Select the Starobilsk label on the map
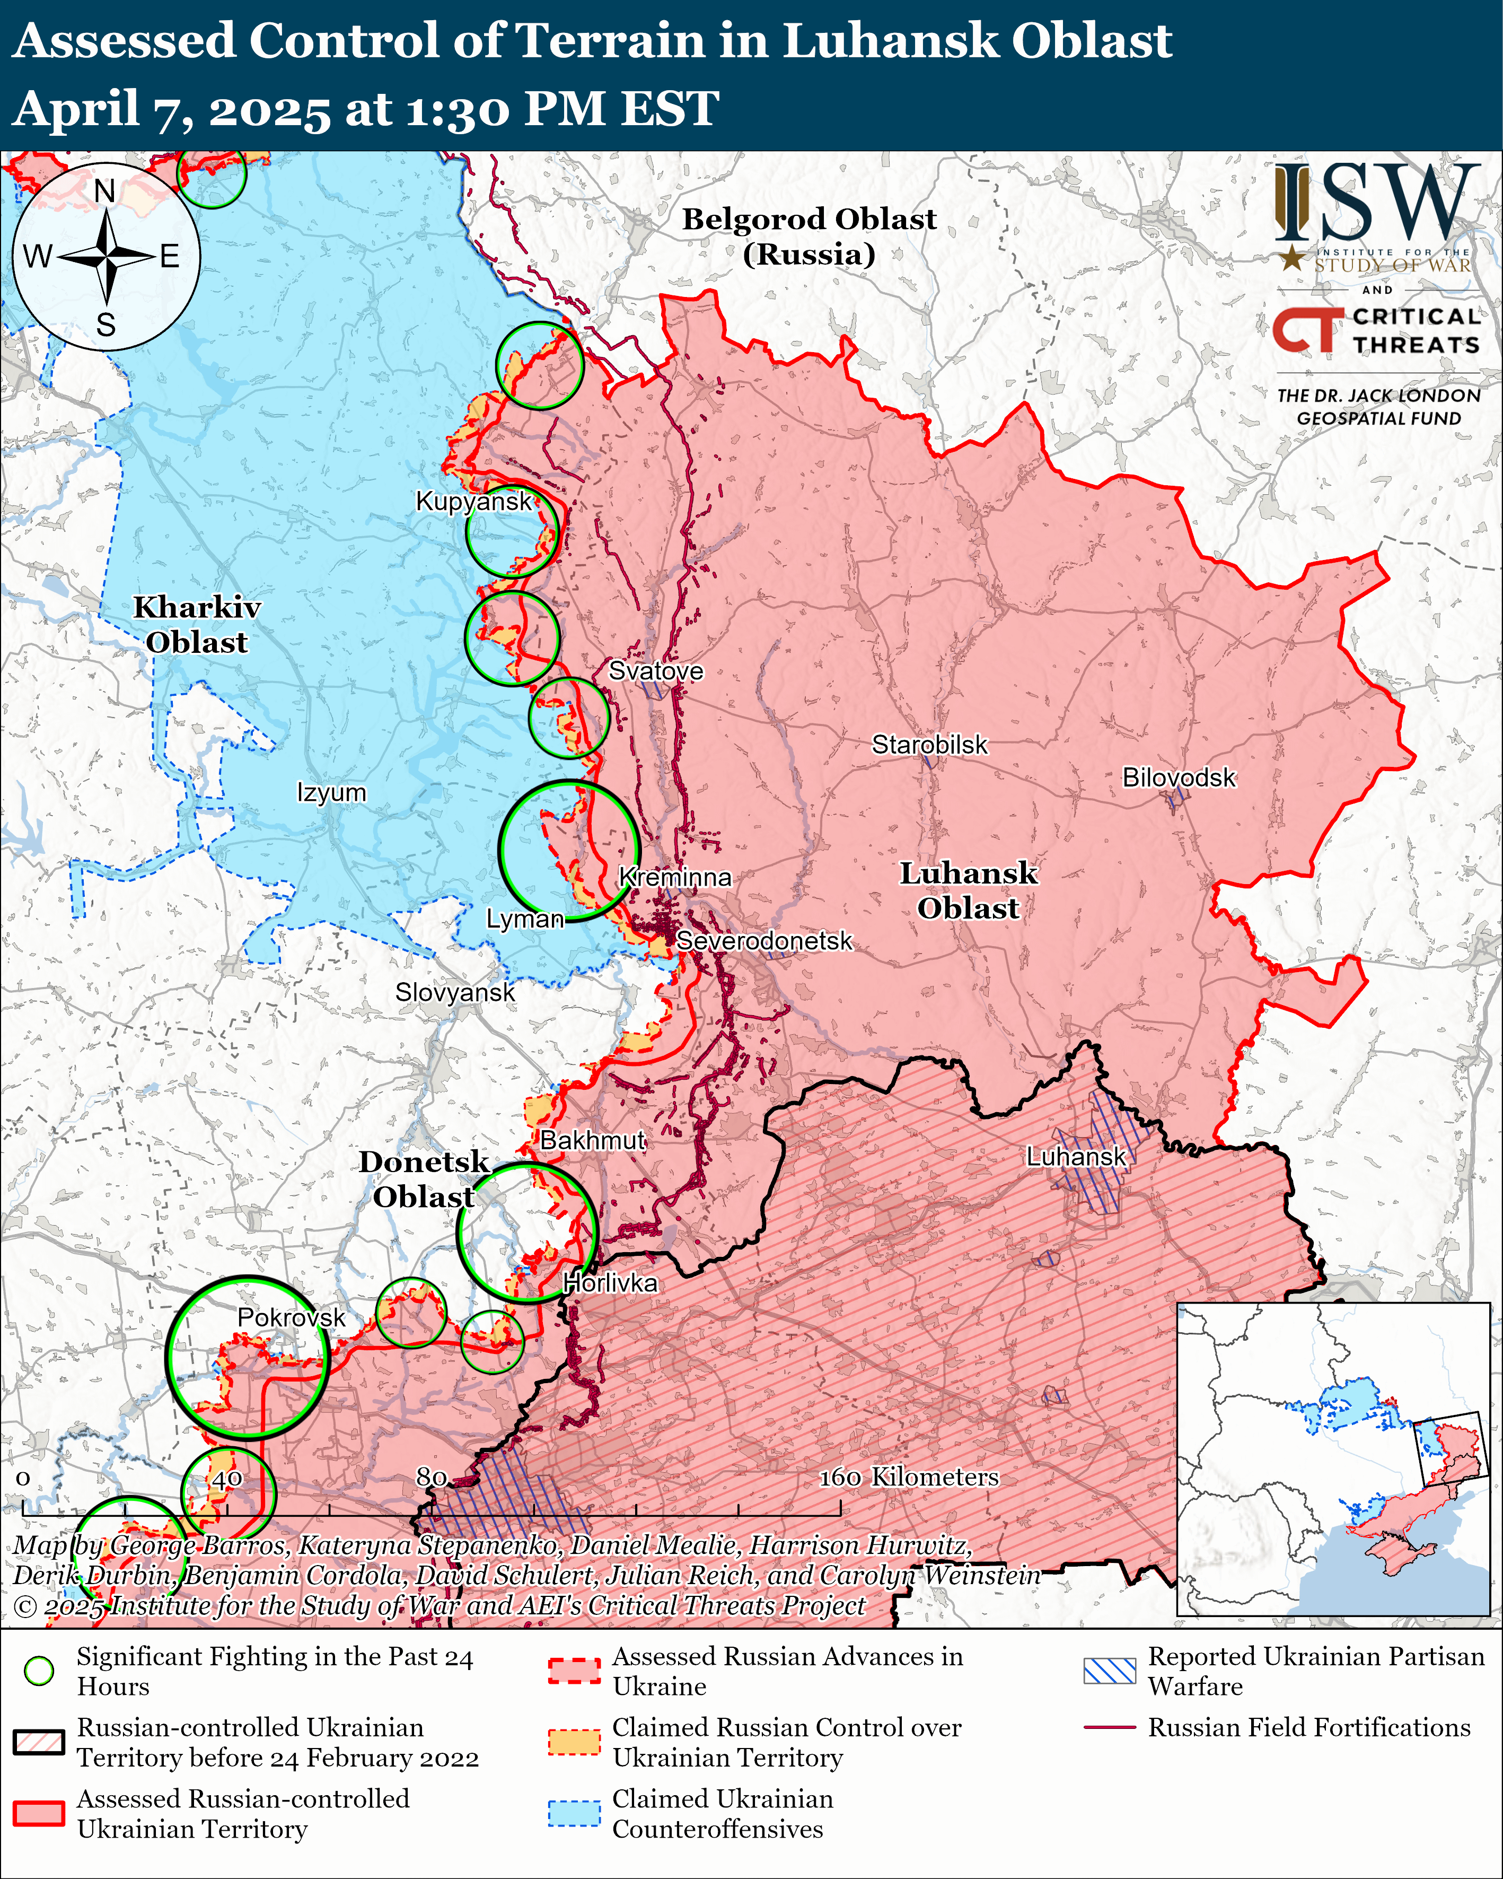[930, 745]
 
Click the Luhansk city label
[1076, 1157]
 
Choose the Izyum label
[331, 793]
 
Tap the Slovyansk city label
[455, 993]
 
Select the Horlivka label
[610, 1283]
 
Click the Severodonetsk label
[764, 941]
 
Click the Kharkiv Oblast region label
[197, 624]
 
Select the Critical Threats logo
[1377, 330]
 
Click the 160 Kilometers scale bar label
[908, 1476]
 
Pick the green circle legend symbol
[38, 1670]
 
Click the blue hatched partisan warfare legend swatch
[1109, 1670]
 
